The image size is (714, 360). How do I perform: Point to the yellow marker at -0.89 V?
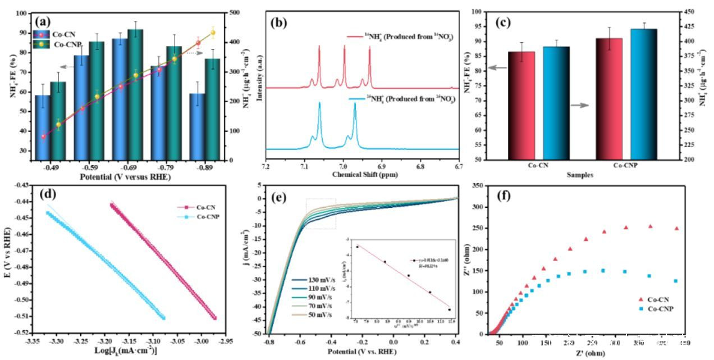pyautogui.click(x=213, y=33)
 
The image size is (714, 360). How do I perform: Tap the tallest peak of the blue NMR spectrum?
pyautogui.click(x=319, y=103)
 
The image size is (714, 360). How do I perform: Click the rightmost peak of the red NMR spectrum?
pyautogui.click(x=369, y=49)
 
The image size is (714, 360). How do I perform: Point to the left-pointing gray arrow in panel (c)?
pyautogui.click(x=497, y=68)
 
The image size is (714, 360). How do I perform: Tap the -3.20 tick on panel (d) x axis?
pyautogui.click(x=105, y=341)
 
